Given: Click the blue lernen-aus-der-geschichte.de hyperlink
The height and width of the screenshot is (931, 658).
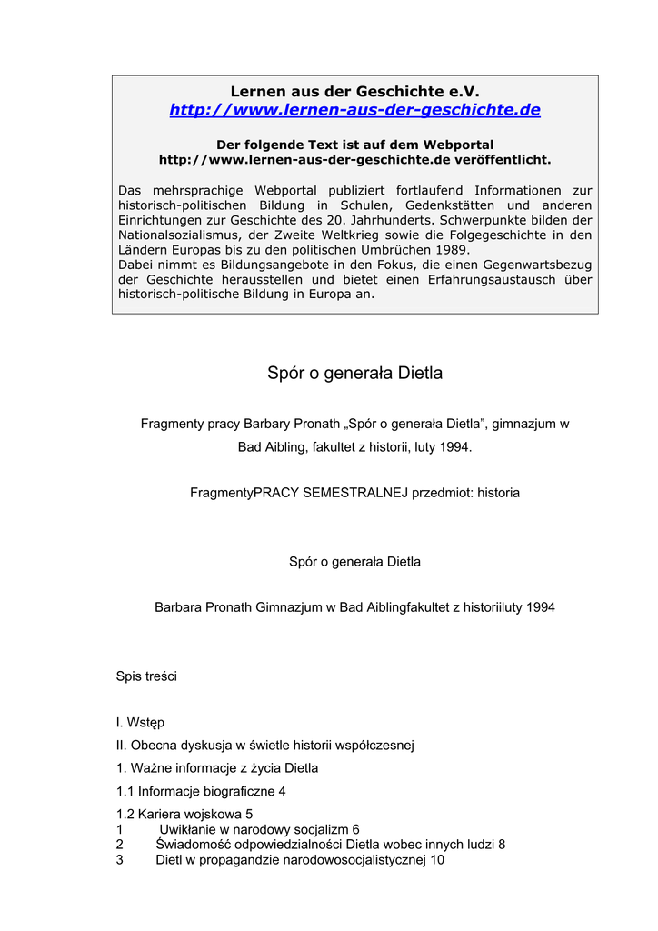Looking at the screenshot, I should pos(354,110).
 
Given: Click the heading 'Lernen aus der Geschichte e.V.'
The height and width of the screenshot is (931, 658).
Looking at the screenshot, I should pos(354,91).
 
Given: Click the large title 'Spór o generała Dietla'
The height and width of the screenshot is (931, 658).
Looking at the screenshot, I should pos(354,374).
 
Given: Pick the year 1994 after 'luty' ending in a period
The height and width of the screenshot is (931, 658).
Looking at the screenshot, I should pos(455,447).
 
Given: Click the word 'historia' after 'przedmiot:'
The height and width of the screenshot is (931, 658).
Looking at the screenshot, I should pos(499,493).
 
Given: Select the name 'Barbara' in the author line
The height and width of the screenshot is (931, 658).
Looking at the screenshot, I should pos(178,606).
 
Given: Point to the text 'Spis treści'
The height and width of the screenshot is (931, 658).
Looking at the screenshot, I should pos(146,676).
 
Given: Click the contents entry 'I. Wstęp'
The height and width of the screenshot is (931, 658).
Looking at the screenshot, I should pos(140,723).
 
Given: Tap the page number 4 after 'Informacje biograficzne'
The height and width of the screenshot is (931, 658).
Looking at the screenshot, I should pos(282,791).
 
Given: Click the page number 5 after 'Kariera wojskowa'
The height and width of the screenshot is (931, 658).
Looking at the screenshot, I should pos(249,814).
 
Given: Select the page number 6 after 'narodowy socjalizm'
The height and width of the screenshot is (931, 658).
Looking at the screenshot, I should pos(355,829).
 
